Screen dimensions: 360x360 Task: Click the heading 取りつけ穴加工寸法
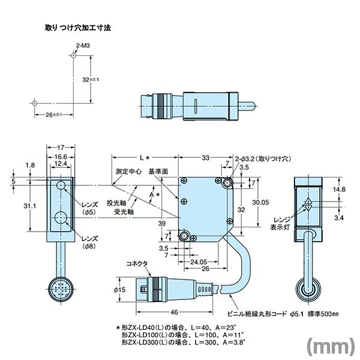pyautogui.click(x=79, y=28)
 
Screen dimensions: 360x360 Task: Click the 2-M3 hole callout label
pyautogui.click(x=82, y=45)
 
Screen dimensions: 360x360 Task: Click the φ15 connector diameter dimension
pyautogui.click(x=119, y=290)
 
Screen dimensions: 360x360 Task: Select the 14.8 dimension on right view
pyautogui.click(x=339, y=189)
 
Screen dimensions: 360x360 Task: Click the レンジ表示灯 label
pyautogui.click(x=282, y=223)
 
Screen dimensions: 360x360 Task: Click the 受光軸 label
pyautogui.click(x=124, y=212)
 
